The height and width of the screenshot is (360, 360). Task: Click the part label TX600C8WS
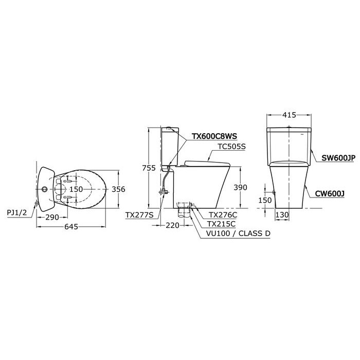pos(214,136)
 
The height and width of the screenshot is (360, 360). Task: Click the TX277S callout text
pos(139,215)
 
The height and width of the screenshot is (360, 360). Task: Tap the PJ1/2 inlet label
pos(18,210)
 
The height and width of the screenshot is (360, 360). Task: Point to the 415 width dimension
pos(289,115)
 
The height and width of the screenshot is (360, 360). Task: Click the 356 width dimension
pos(118,189)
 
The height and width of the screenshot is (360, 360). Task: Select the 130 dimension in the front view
pos(281,214)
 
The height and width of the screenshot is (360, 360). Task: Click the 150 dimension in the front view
pos(265,200)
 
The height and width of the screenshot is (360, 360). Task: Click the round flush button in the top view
pos(45,189)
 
